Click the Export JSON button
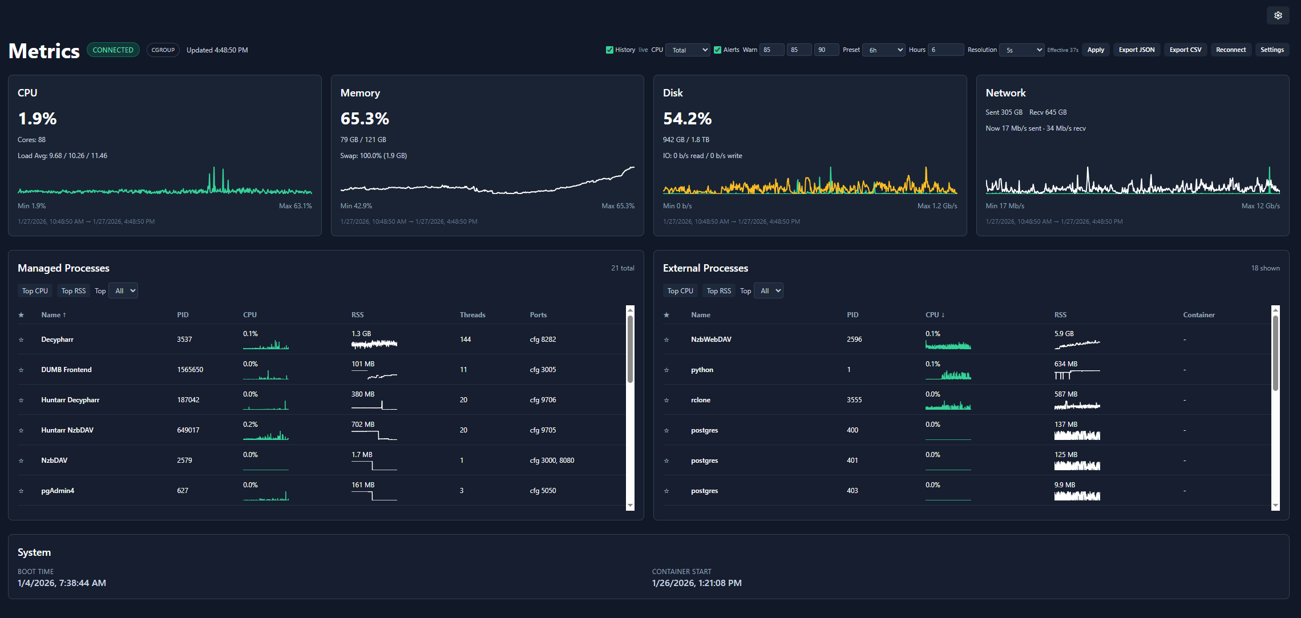[x=1136, y=50]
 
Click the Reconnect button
[x=1230, y=50]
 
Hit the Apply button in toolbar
[x=1095, y=50]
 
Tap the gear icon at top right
[x=1278, y=15]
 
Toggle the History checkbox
[x=609, y=50]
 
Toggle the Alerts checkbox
[x=717, y=50]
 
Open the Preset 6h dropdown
[x=883, y=50]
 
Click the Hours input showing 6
[x=945, y=50]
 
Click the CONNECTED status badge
[x=113, y=50]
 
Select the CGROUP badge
[x=163, y=50]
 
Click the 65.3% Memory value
[x=365, y=119]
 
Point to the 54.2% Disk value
[x=687, y=119]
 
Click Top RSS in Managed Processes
[x=74, y=291]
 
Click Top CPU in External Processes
[x=680, y=291]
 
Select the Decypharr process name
[x=57, y=340]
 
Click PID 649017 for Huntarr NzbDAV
[x=188, y=430]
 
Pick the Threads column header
[x=472, y=315]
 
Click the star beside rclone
[x=666, y=400]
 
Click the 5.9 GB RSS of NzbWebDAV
[x=1064, y=334]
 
